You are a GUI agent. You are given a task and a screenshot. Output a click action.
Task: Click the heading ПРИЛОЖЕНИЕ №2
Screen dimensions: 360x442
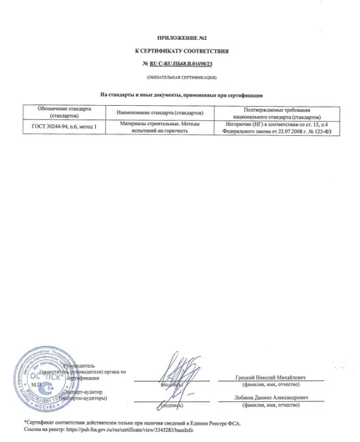[180, 38]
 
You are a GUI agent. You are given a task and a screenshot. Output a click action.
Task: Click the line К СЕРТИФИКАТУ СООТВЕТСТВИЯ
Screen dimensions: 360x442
[180, 52]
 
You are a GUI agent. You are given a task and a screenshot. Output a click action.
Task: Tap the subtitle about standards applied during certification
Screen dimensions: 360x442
[180, 94]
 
